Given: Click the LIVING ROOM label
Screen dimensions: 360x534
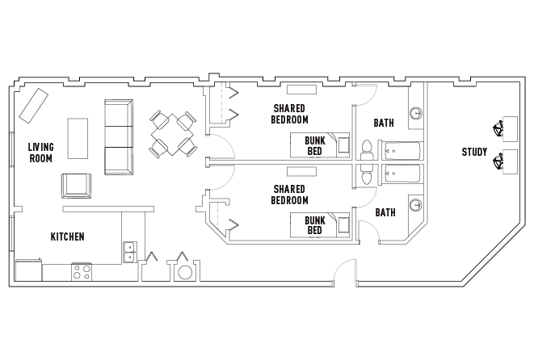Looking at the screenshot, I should pyautogui.click(x=40, y=152).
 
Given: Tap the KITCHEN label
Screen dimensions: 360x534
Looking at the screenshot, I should pyautogui.click(x=67, y=237).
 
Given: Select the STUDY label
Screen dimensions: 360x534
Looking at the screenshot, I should pyautogui.click(x=474, y=152).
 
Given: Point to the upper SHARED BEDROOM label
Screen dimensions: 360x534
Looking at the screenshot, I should pyautogui.click(x=290, y=113).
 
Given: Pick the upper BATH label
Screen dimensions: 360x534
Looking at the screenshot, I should pyautogui.click(x=384, y=123).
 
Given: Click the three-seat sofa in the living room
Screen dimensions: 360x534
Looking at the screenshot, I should pyautogui.click(x=119, y=137).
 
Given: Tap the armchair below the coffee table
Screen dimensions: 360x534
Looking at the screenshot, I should pyautogui.click(x=77, y=186).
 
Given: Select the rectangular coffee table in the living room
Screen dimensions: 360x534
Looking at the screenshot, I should pyautogui.click(x=78, y=139).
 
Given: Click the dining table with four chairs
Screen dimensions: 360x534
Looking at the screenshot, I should pyautogui.click(x=172, y=134).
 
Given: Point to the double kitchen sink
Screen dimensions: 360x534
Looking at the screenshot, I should pyautogui.click(x=129, y=252).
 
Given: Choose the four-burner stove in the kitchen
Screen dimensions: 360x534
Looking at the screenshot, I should pyautogui.click(x=82, y=271).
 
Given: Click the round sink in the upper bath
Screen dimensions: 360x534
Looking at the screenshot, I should pyautogui.click(x=416, y=113).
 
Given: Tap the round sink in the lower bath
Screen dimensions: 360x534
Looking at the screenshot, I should pyautogui.click(x=416, y=205).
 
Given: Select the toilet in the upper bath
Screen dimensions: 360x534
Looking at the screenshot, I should pyautogui.click(x=367, y=149).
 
